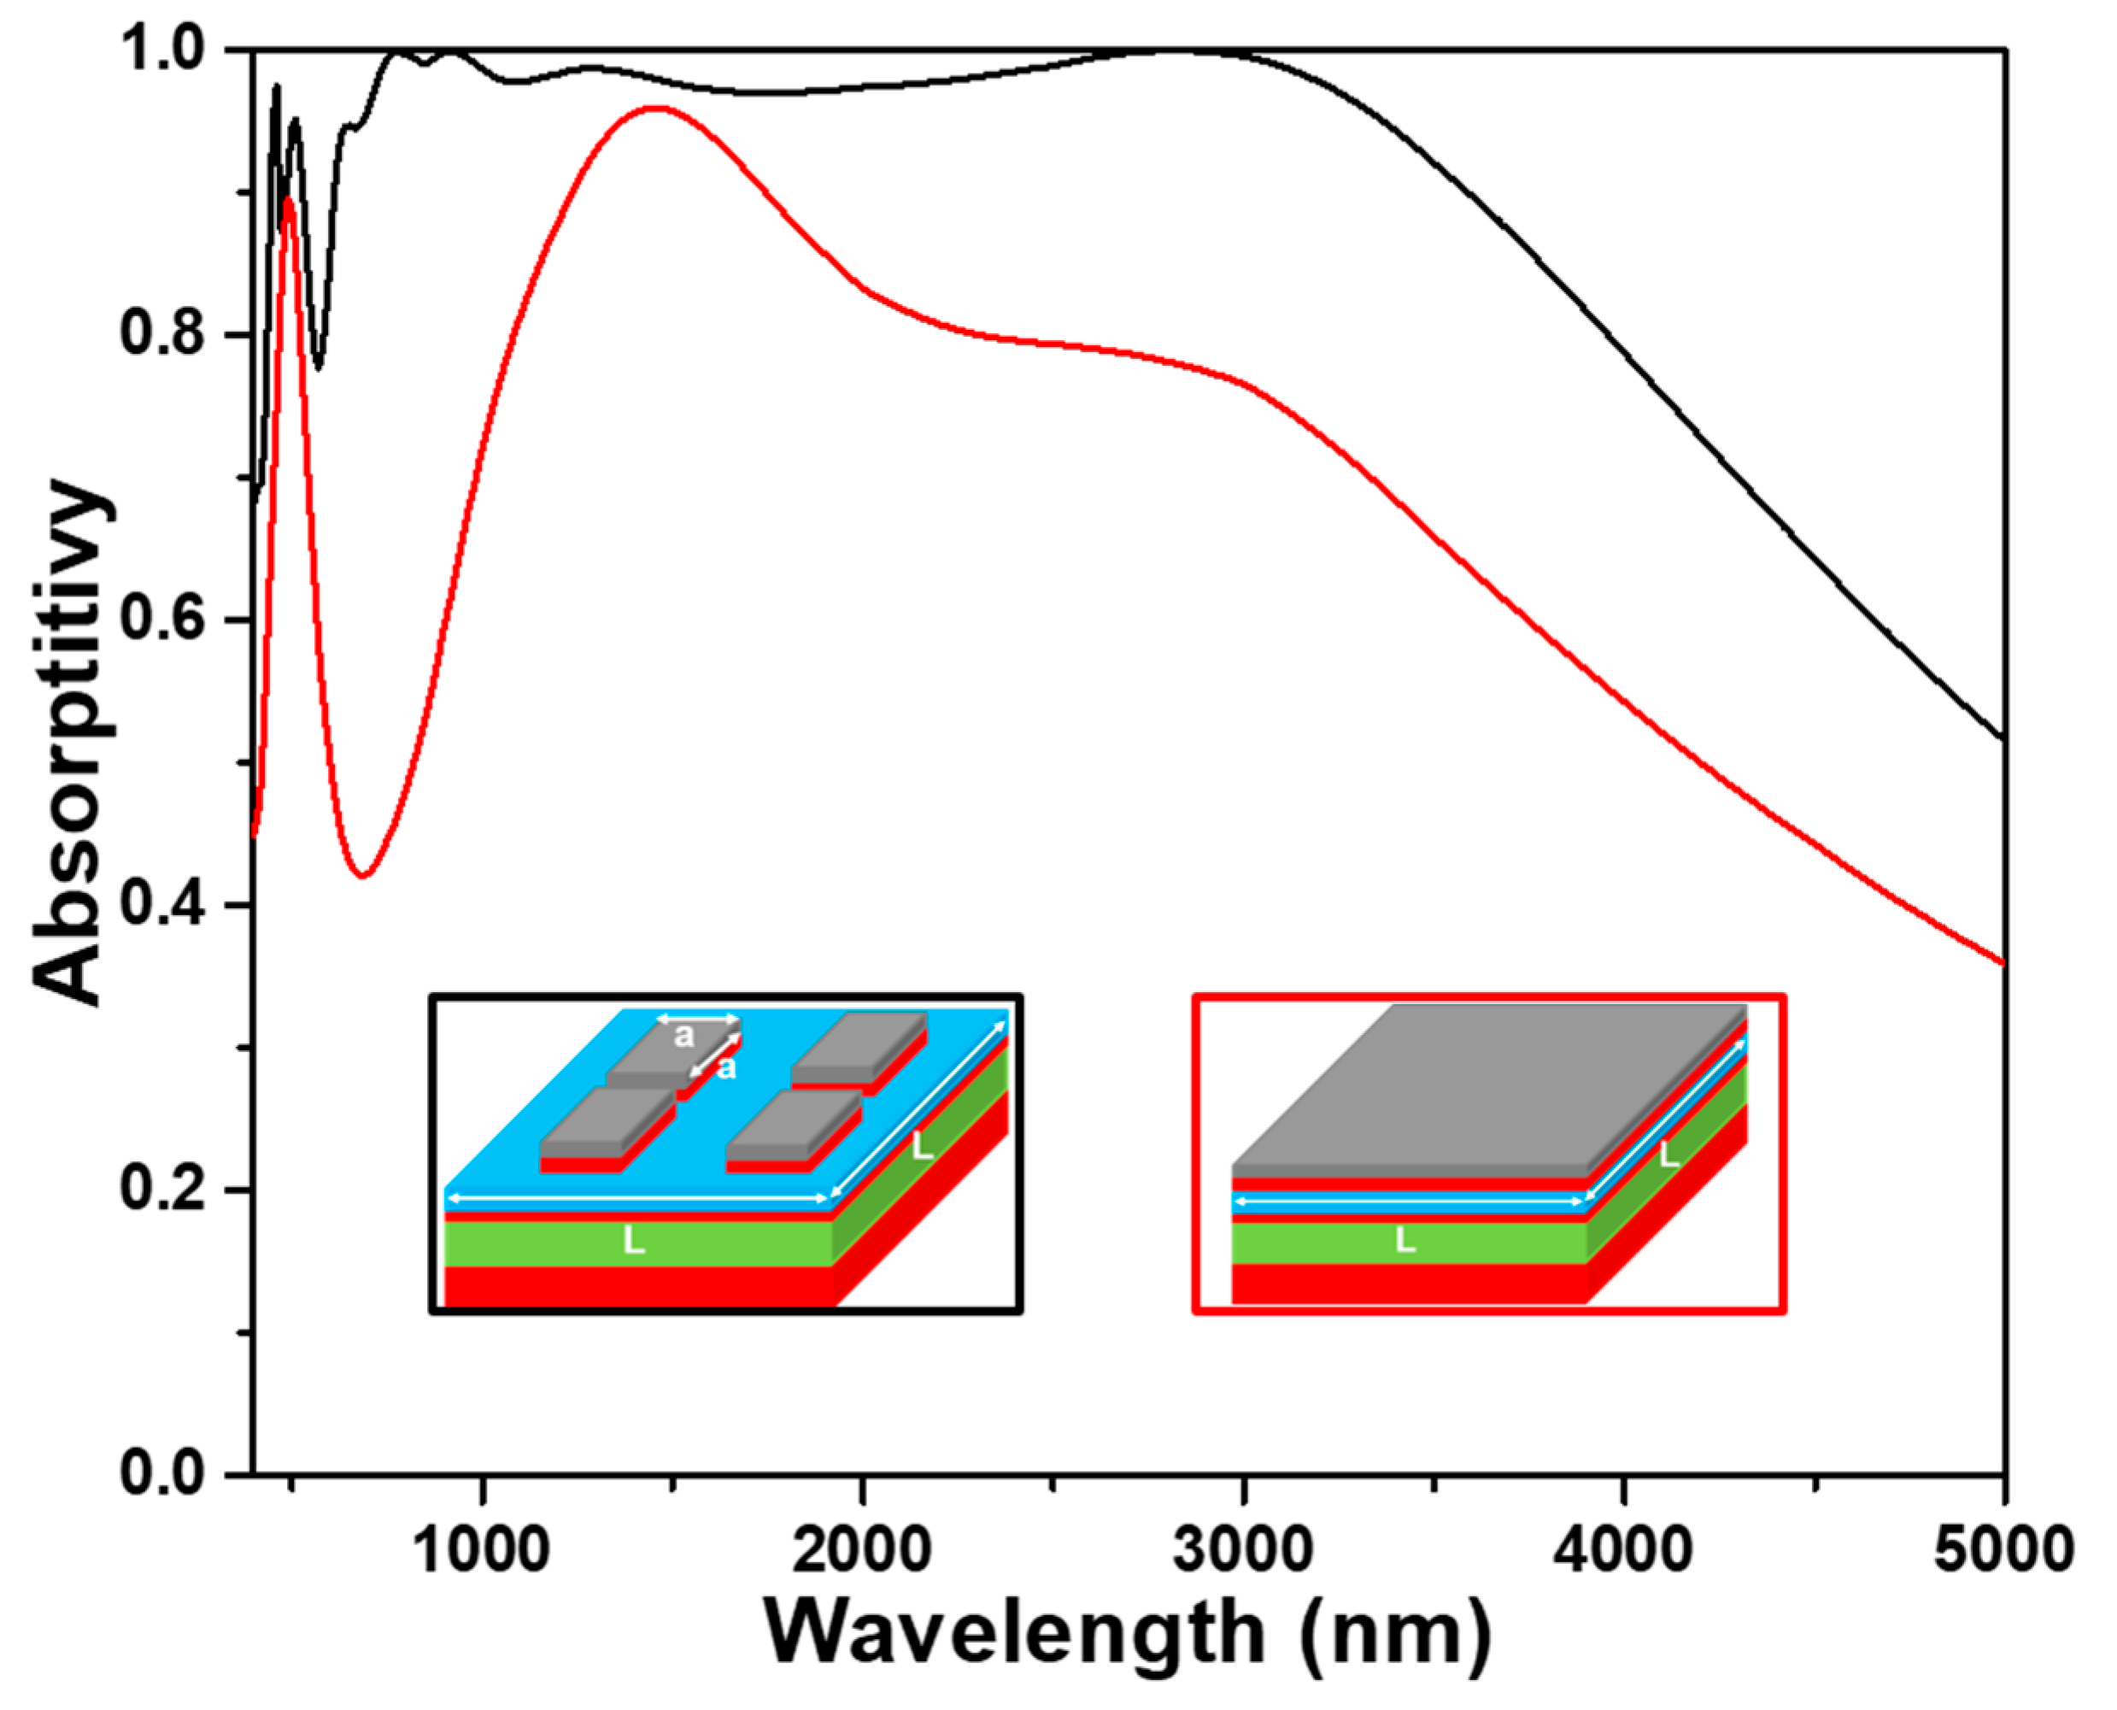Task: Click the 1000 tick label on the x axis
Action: click(x=480, y=1549)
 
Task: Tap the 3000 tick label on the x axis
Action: click(x=1243, y=1549)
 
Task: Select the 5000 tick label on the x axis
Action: click(x=2003, y=1549)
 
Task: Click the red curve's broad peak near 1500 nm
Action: click(x=654, y=108)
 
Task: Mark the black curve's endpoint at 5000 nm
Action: click(x=2003, y=737)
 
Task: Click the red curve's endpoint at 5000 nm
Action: click(x=2003, y=962)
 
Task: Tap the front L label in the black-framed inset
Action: click(x=634, y=1241)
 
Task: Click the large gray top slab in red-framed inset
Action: click(x=1487, y=1084)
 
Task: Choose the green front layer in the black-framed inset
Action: click(x=551, y=1243)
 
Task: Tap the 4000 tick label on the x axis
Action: click(x=1622, y=1549)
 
